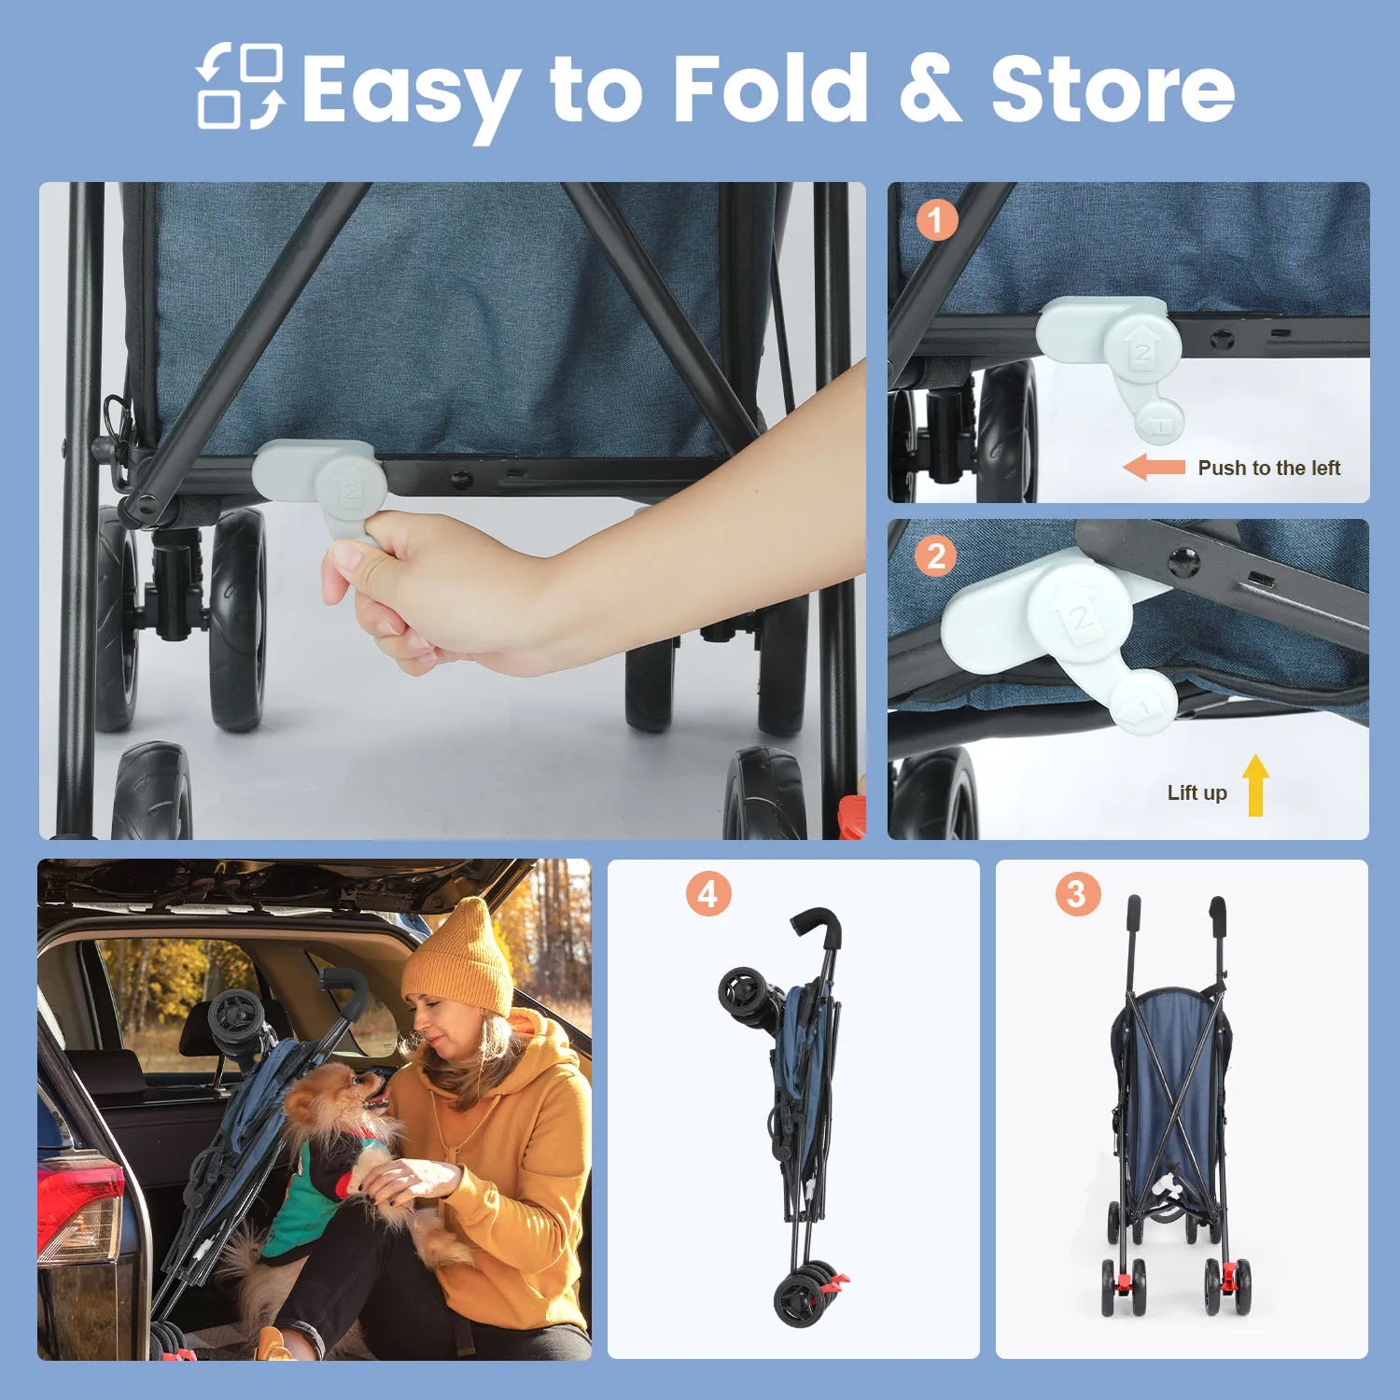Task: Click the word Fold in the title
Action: pos(770,89)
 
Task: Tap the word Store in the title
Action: pos(1113,90)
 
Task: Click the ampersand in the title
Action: pos(930,89)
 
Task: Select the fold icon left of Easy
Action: pos(240,86)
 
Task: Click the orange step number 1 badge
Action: pos(936,220)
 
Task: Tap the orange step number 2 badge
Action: pos(936,557)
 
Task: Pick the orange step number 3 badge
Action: pos(1077,893)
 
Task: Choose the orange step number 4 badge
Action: pos(708,894)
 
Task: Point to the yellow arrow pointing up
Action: pos(1256,785)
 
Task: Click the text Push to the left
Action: pos(1269,468)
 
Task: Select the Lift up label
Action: pos(1197,792)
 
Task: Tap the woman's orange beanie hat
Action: pos(459,959)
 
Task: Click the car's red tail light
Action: pos(79,1208)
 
